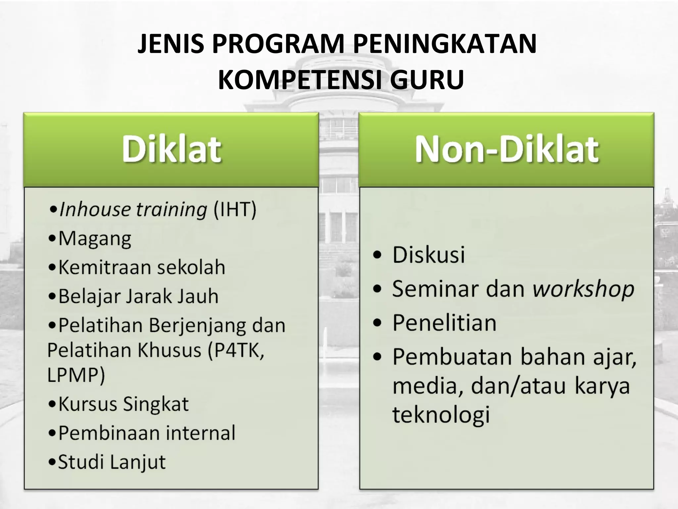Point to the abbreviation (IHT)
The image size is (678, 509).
pyautogui.click(x=235, y=209)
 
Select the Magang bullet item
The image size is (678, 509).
pyautogui.click(x=94, y=239)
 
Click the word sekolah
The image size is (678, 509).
pyautogui.click(x=191, y=267)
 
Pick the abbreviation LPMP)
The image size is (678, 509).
pyautogui.click(x=76, y=375)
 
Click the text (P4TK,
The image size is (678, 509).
pyautogui.click(x=236, y=350)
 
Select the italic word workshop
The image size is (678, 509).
pyautogui.click(x=583, y=289)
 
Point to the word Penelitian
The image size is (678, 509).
pyautogui.click(x=444, y=323)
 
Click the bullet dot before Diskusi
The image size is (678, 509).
pyautogui.click(x=377, y=255)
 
